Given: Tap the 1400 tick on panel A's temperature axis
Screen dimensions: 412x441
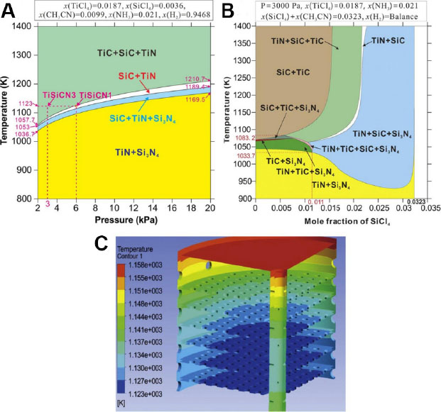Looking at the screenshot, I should [23, 26].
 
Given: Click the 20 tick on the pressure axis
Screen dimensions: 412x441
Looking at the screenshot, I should [209, 209].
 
